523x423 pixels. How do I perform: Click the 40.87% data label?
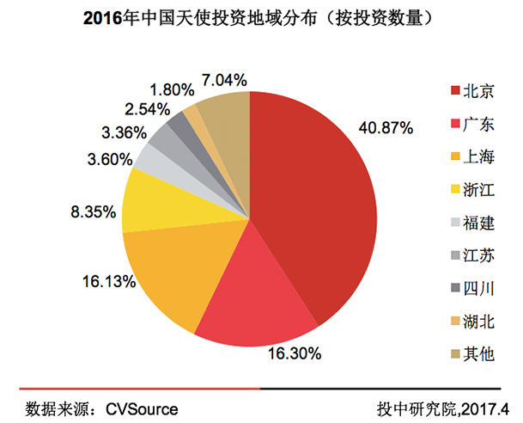click(x=385, y=127)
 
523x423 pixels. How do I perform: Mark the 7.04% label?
click(x=224, y=80)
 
